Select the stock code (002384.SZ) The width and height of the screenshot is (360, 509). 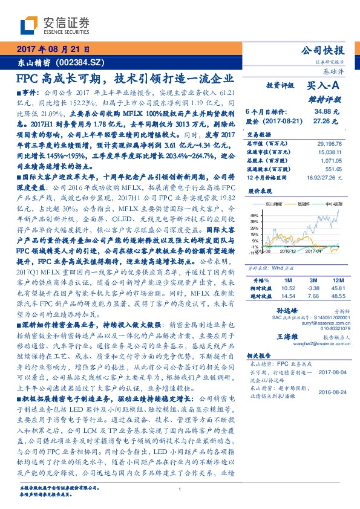pos(82,62)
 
